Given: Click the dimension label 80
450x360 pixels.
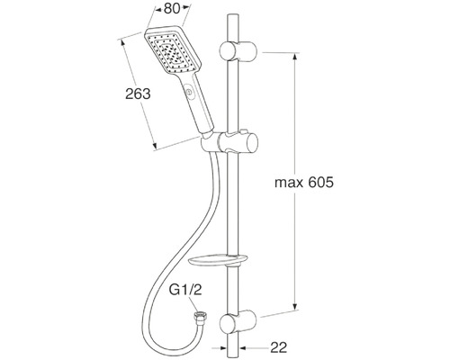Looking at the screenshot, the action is pos(172,9).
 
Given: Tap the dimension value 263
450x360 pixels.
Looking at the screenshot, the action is pos(138,94).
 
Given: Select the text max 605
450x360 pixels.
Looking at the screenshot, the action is pos(304,182).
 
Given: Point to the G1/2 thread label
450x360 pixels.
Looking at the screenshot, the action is pos(185,290).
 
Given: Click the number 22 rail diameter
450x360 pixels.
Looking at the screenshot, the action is pos(279,347).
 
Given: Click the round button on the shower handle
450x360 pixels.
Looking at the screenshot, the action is pos(189,92).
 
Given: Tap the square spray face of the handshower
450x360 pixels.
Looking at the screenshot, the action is pos(173,51).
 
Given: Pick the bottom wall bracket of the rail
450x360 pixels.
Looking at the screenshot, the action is pos(238,323).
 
